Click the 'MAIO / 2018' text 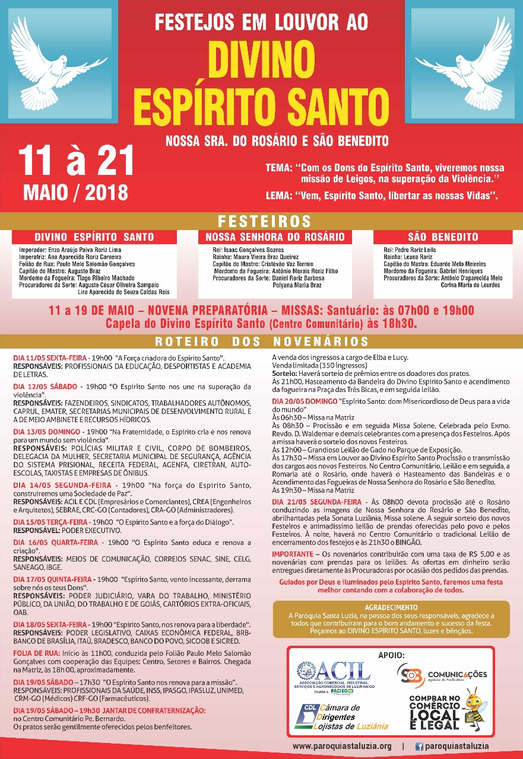coord(75,192)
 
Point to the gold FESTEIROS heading coord(265,222)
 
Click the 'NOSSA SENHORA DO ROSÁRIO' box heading coord(275,237)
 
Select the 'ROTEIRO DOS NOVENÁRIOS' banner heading coord(261,342)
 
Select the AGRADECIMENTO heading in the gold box coord(392,607)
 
